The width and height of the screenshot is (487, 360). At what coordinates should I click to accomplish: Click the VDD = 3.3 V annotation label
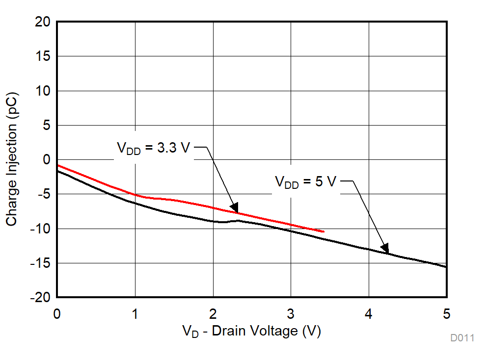(x=153, y=148)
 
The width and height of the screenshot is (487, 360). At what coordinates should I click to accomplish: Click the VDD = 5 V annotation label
(x=305, y=182)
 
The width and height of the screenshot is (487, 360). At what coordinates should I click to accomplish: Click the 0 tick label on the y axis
(x=47, y=160)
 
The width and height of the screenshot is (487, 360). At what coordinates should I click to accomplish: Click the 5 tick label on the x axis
(x=446, y=313)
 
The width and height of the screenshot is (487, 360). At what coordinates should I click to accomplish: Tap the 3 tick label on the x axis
(x=291, y=313)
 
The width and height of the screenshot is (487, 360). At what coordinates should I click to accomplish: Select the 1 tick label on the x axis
(x=135, y=313)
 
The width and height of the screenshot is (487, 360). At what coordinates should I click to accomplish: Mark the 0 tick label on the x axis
(x=57, y=313)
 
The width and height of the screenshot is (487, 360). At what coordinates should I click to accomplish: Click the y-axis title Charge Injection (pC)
(x=12, y=159)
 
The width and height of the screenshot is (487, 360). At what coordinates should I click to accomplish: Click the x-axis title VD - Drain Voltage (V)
(x=251, y=331)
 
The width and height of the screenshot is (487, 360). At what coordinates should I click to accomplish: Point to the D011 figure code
(x=462, y=338)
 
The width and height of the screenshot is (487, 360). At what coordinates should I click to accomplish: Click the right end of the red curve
(x=324, y=231)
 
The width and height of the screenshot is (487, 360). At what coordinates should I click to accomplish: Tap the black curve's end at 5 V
(x=446, y=267)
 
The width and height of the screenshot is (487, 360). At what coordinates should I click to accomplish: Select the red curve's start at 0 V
(x=58, y=166)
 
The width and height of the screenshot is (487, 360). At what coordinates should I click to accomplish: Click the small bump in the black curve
(x=238, y=221)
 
